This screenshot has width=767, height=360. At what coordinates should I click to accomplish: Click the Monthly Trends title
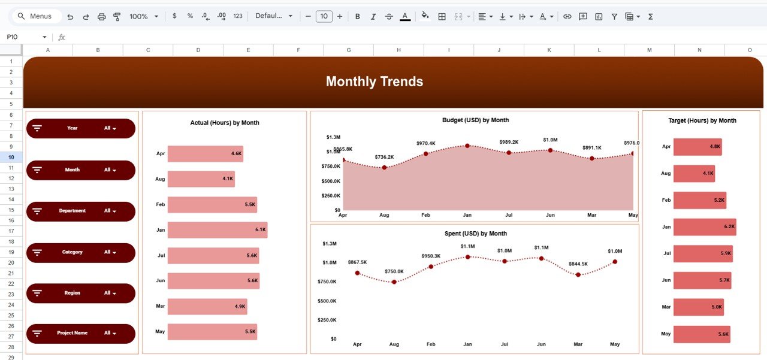tap(375, 81)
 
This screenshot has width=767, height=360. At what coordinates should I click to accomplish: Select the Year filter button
tap(81, 128)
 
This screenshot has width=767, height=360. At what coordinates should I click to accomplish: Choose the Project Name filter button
tap(81, 333)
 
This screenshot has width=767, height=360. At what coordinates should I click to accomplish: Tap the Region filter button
tap(81, 293)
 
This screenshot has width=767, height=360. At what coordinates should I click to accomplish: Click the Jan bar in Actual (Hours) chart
tap(217, 230)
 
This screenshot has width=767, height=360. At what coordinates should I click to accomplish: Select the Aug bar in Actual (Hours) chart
tap(201, 179)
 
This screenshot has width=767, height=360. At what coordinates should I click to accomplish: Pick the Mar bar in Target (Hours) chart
tap(698, 307)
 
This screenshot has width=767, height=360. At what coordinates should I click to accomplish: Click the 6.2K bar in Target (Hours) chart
tap(704, 227)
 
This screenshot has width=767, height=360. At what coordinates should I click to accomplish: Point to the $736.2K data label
tap(384, 157)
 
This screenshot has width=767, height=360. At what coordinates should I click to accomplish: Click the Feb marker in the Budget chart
tap(425, 154)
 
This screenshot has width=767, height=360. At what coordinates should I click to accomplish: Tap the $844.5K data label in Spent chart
tap(578, 264)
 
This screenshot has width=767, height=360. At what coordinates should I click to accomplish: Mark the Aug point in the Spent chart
tap(394, 282)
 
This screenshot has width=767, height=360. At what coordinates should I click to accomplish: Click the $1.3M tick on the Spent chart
tap(330, 244)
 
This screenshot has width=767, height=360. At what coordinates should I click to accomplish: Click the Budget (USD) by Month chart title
tap(475, 120)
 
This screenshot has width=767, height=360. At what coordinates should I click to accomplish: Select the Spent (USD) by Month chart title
tap(475, 234)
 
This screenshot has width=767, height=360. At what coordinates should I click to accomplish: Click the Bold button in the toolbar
tap(358, 17)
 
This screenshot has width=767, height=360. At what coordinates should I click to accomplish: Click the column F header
tap(298, 50)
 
